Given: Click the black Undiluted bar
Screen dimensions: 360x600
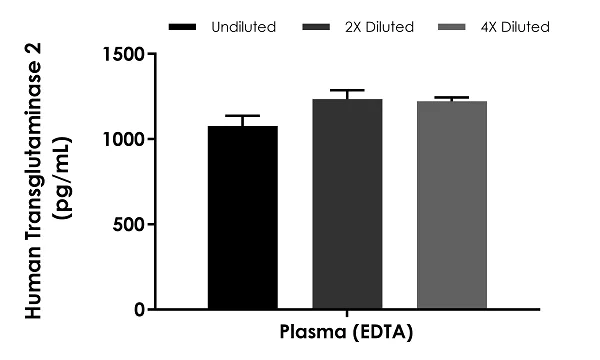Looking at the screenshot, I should (x=243, y=218).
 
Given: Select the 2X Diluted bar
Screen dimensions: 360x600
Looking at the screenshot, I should (x=347, y=205).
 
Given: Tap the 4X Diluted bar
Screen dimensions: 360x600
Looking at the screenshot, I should (x=451, y=206).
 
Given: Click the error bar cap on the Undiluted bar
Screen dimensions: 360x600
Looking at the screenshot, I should (x=243, y=116).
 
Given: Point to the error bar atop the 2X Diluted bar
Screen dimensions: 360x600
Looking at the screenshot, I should (x=347, y=91).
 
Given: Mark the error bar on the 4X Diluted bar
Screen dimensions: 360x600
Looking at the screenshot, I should (x=451, y=98).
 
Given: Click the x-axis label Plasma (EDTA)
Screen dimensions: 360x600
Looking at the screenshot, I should (x=346, y=331).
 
